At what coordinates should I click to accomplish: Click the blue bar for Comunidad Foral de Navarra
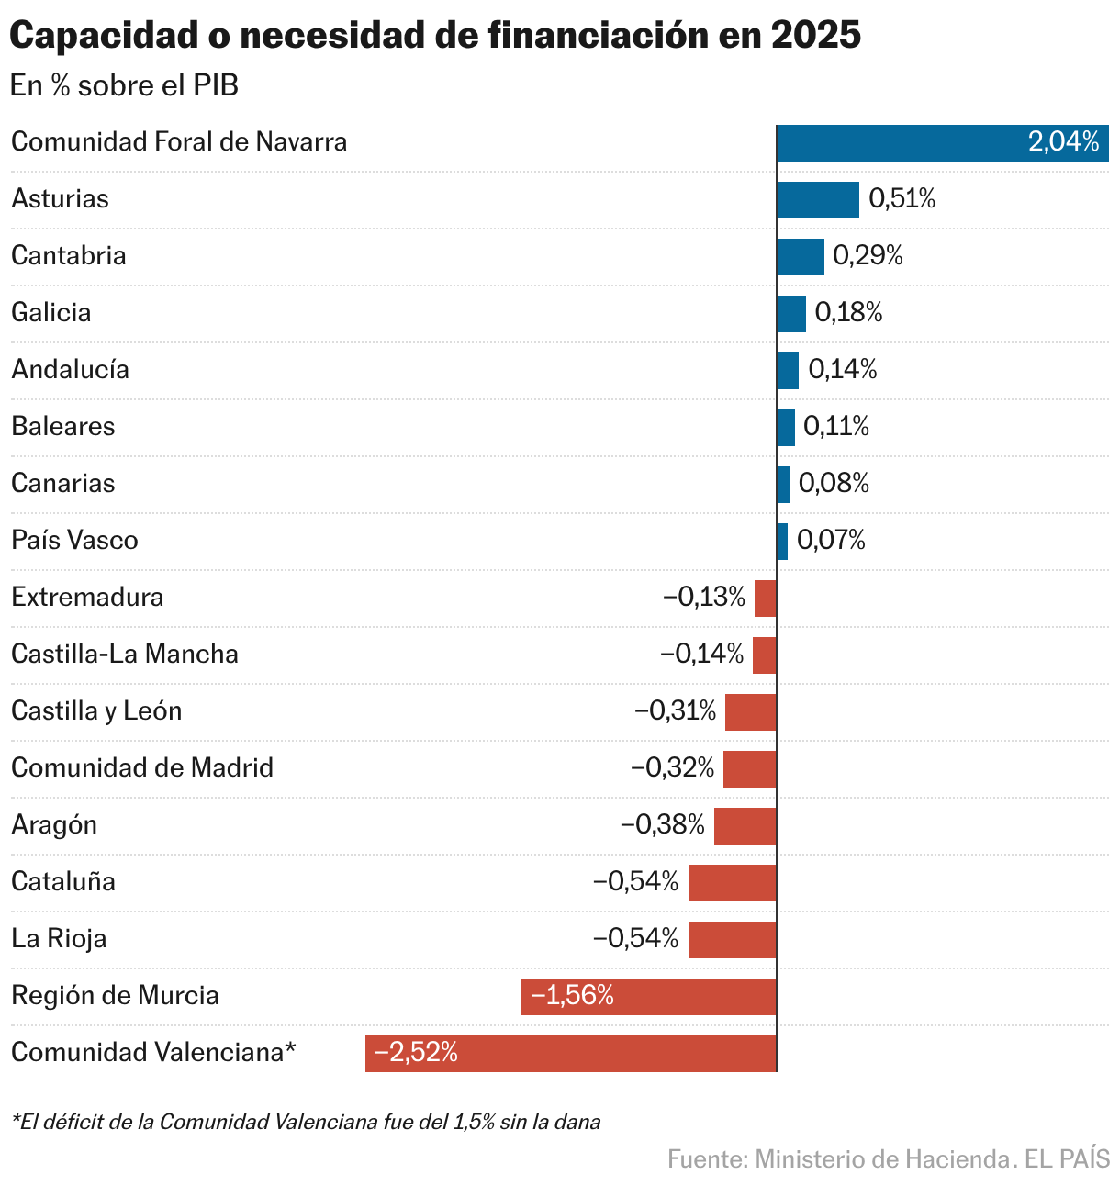point(942,142)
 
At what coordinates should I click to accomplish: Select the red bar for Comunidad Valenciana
point(571,1053)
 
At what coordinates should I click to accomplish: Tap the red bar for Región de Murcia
point(649,996)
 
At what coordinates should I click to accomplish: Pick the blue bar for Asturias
point(818,199)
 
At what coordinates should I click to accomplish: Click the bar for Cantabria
point(801,256)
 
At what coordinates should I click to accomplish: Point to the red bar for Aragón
point(745,825)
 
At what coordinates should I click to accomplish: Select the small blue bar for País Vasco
point(782,541)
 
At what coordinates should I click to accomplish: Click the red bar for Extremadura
point(766,598)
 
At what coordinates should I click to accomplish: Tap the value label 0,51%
point(902,199)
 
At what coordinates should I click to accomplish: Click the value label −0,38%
point(663,825)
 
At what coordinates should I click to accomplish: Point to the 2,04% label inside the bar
point(1063,142)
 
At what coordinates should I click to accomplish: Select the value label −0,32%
point(672,768)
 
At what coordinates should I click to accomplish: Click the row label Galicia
point(51,313)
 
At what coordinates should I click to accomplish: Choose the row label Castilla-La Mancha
point(125,655)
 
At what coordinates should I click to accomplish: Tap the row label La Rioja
point(59,939)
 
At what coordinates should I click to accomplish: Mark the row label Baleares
point(63,427)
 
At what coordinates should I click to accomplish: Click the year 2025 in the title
point(815,36)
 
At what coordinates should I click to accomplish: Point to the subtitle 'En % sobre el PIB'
point(124,85)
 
